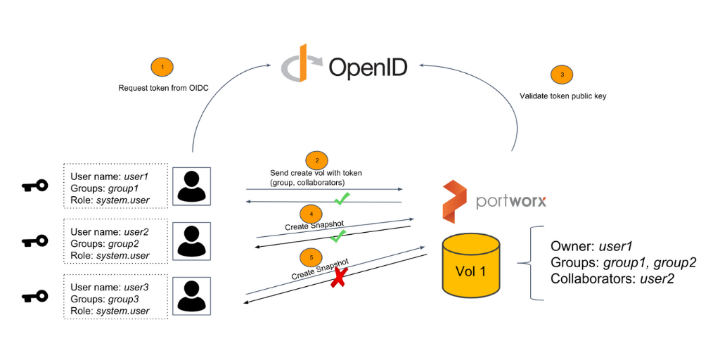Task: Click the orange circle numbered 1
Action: (x=162, y=67)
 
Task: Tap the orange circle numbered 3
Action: (x=562, y=75)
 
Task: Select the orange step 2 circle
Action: (x=316, y=160)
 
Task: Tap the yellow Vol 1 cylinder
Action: (x=470, y=270)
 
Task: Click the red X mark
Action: (x=339, y=278)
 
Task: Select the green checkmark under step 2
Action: (x=342, y=200)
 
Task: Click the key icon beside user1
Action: (x=34, y=186)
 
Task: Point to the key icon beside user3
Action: (x=34, y=296)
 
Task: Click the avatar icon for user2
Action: (x=192, y=241)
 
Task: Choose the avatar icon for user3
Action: (x=192, y=296)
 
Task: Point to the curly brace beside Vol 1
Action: (x=529, y=263)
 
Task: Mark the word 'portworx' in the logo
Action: (x=510, y=201)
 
